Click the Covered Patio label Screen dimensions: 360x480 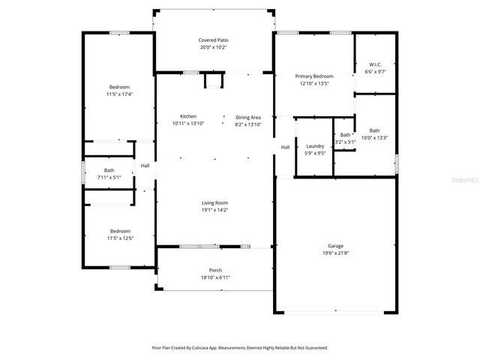(x=213, y=40)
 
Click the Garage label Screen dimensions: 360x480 (x=335, y=246)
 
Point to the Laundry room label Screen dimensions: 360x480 (x=315, y=145)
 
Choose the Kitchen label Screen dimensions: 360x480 (x=187, y=116)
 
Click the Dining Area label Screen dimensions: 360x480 (x=248, y=117)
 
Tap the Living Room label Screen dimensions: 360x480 (x=214, y=203)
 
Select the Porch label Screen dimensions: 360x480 (x=215, y=270)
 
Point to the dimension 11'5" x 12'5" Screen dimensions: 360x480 (x=120, y=238)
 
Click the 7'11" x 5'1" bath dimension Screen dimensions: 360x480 (x=109, y=178)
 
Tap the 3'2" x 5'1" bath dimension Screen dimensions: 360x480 (x=345, y=141)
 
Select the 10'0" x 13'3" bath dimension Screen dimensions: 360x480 (x=374, y=137)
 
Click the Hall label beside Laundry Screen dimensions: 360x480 (x=285, y=147)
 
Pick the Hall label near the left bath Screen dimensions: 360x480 (x=145, y=166)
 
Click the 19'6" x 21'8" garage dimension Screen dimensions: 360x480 (x=335, y=253)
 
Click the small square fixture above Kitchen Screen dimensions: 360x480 (x=214, y=81)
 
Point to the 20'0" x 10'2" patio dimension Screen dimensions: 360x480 (x=213, y=47)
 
